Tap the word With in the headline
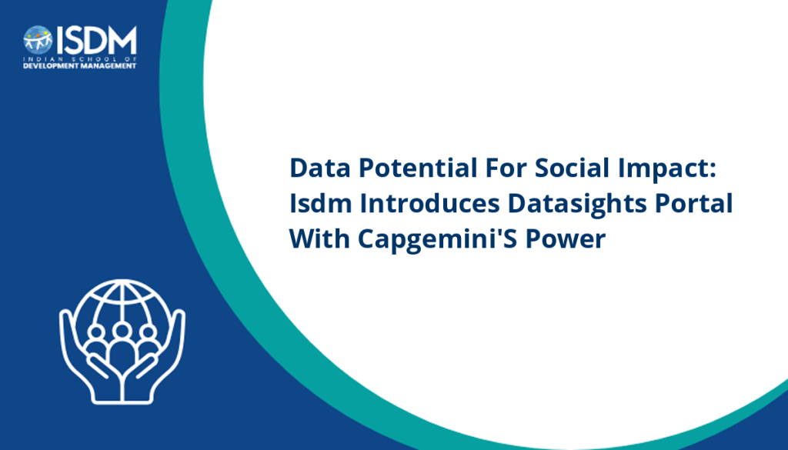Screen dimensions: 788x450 (x=319, y=238)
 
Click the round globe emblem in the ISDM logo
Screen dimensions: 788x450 (x=38, y=40)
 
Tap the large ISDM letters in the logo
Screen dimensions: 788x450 (x=96, y=40)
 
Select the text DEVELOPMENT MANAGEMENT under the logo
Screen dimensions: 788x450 (x=79, y=66)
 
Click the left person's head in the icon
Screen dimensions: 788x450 (x=96, y=333)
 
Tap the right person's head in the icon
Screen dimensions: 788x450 (x=148, y=333)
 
